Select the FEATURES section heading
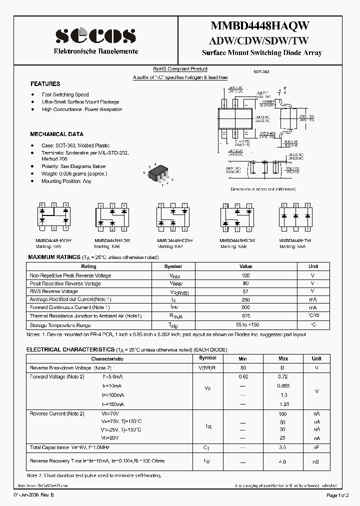(x=45, y=84)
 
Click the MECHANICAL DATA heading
(x=56, y=134)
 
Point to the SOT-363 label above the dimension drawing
(x=261, y=72)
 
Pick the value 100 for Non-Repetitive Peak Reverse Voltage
(x=245, y=275)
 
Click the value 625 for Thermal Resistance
(x=245, y=316)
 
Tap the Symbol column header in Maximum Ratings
(x=173, y=266)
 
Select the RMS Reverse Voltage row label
(x=53, y=291)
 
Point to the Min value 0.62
(x=243, y=376)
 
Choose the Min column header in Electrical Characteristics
(x=243, y=358)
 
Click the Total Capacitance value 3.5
(x=282, y=447)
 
